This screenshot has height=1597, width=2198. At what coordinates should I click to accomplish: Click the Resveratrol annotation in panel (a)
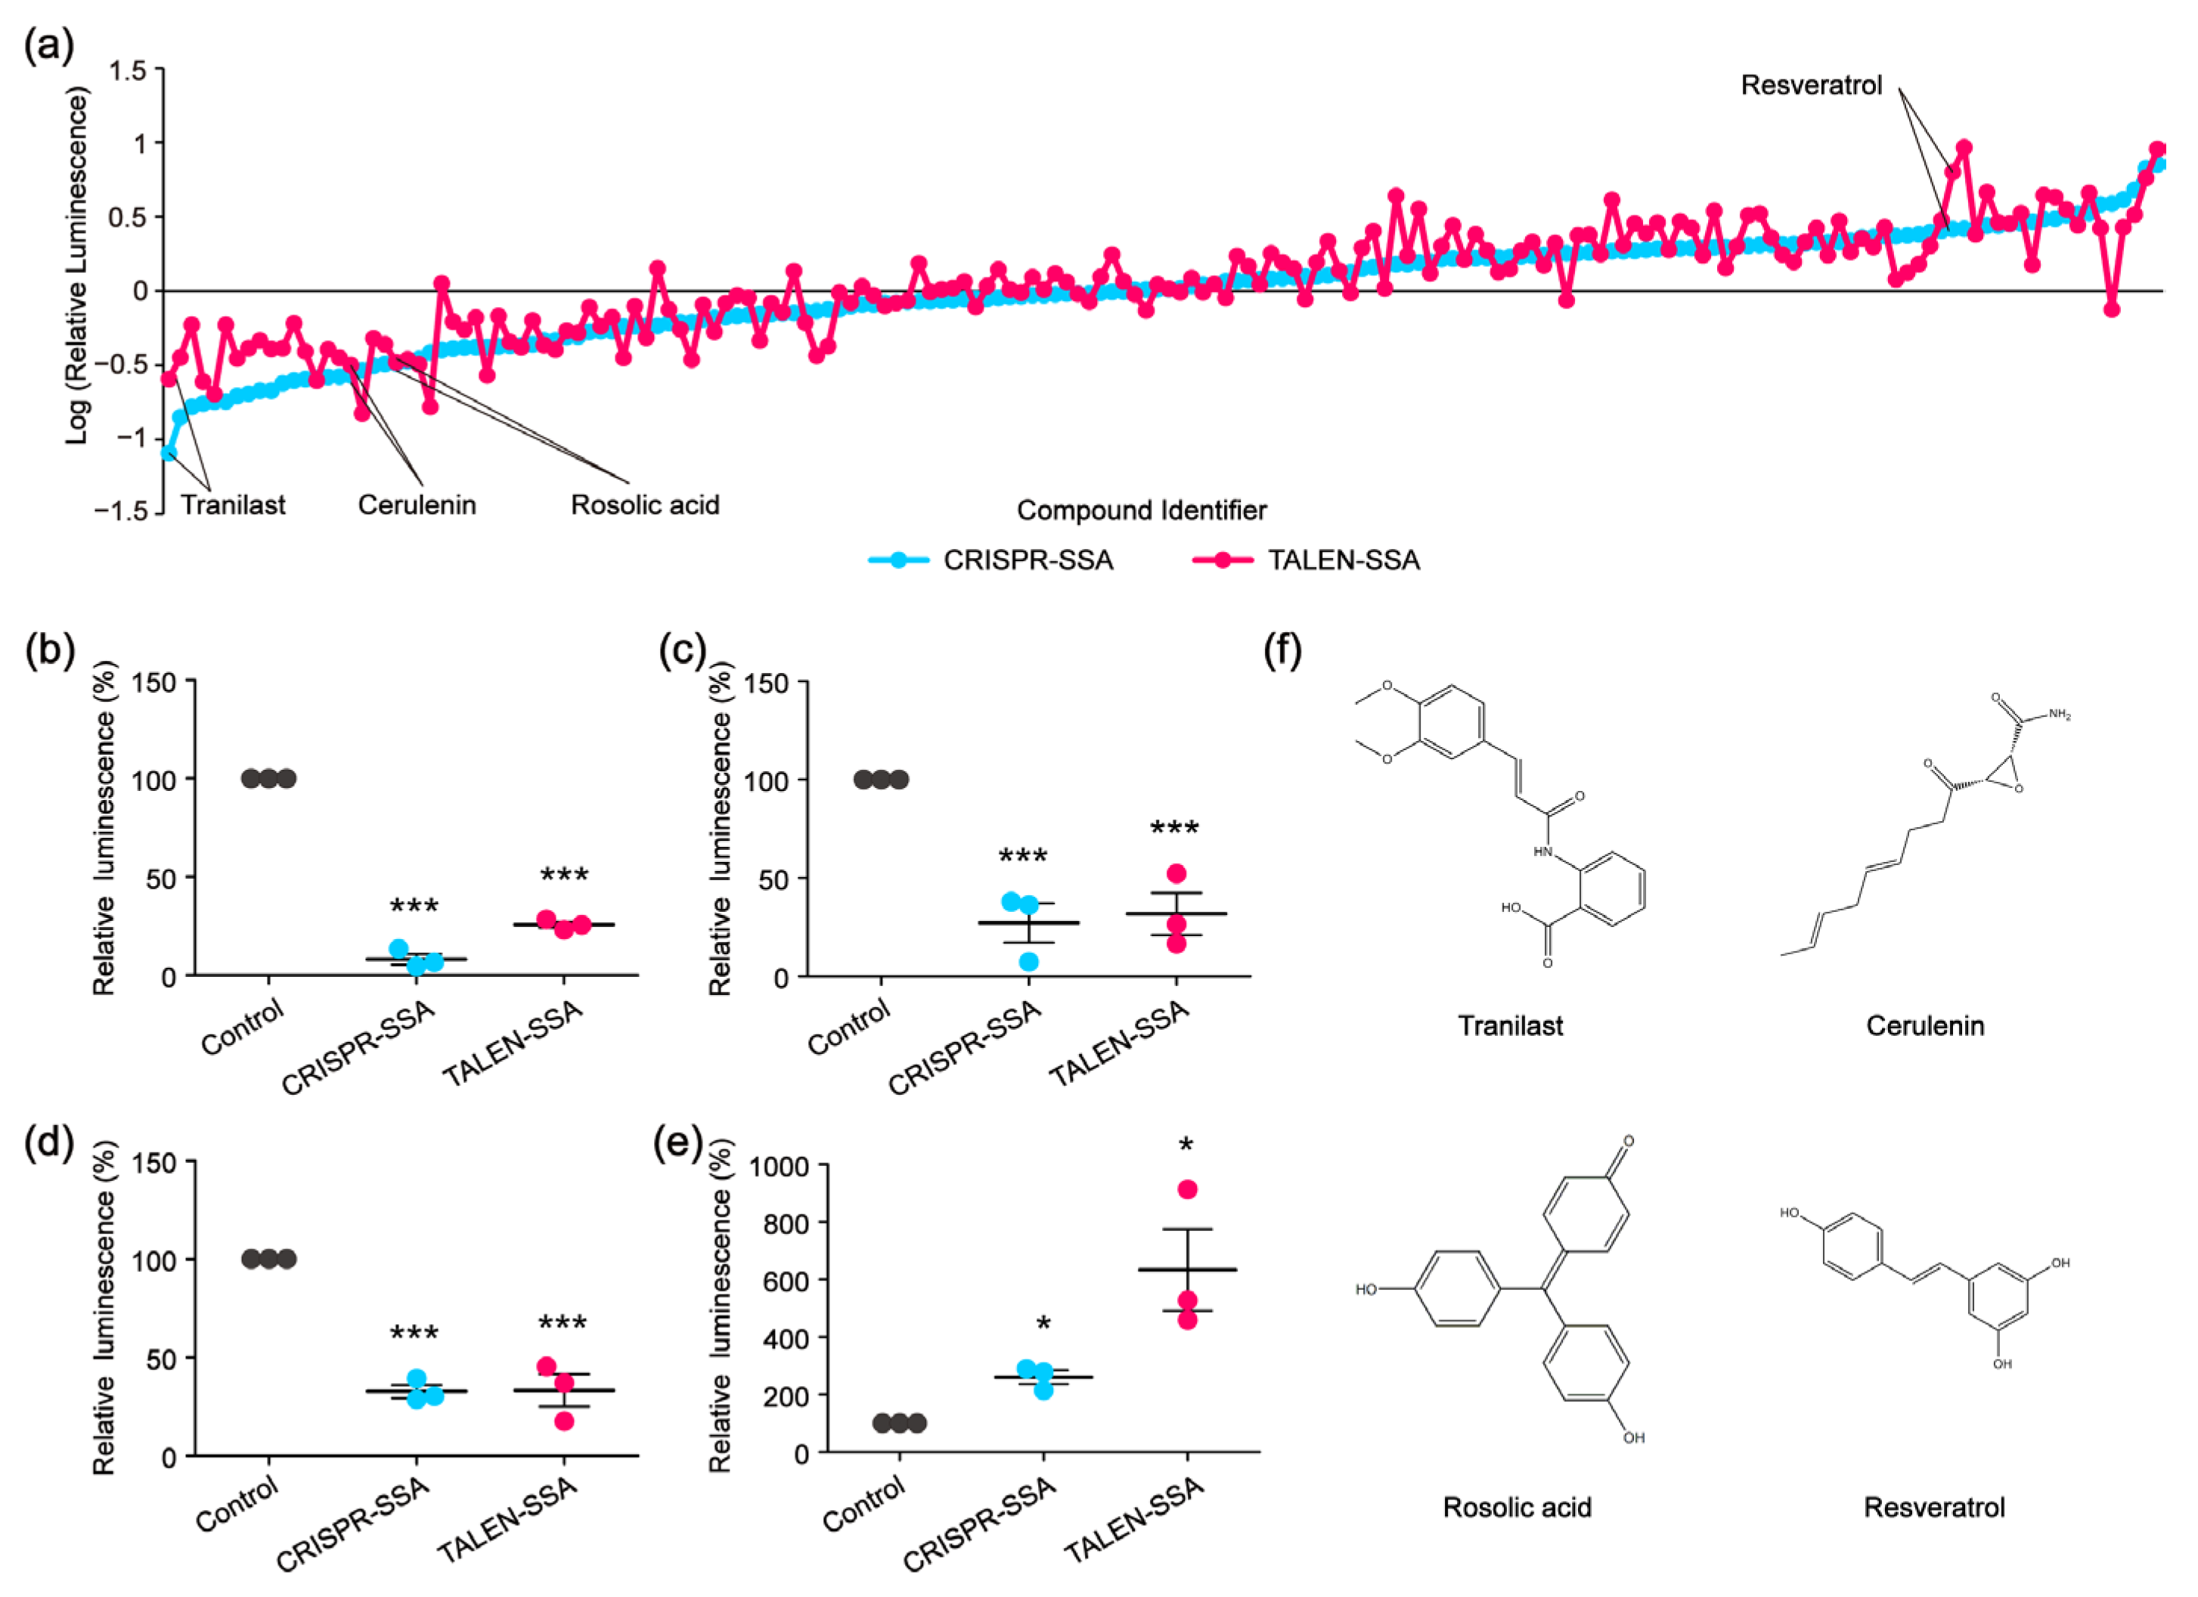coord(1810,85)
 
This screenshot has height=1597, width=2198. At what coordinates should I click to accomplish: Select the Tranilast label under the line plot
coord(233,505)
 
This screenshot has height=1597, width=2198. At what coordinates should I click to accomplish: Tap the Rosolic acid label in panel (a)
coord(644,505)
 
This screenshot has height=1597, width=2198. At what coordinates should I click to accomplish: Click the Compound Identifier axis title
coord(1141,510)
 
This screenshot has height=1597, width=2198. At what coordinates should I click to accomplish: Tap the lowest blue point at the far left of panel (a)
coord(169,452)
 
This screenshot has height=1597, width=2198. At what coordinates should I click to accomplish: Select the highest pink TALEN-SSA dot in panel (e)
coord(1187,1189)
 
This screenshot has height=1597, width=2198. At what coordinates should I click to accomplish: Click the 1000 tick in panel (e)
coord(780,1167)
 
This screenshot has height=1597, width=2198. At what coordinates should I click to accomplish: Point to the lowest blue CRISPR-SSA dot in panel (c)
coord(1029,961)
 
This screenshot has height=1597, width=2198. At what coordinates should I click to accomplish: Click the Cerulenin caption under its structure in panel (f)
coord(1925,1025)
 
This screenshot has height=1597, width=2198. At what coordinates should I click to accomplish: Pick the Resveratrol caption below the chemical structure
coord(1933,1507)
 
